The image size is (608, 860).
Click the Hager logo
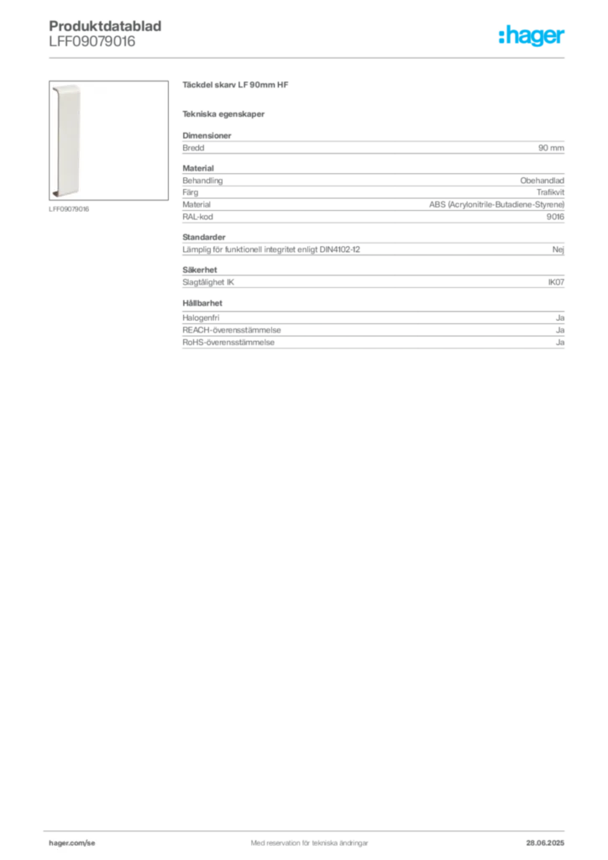(531, 35)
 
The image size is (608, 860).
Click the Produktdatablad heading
(105, 26)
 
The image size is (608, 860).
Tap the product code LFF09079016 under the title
(92, 42)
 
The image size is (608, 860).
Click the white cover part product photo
(66, 140)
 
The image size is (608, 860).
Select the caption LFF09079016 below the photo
(69, 209)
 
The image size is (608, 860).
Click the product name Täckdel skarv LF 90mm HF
(235, 85)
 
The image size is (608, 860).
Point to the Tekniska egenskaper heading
(223, 114)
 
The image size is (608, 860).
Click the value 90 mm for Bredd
(551, 148)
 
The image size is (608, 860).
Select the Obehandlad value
(542, 181)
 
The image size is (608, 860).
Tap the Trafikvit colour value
(550, 192)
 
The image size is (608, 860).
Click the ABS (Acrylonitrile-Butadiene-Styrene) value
(496, 205)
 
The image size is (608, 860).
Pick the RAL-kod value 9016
(555, 217)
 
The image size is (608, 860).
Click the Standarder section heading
(204, 237)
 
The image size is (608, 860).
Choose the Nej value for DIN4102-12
(558, 249)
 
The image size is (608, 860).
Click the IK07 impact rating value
(556, 282)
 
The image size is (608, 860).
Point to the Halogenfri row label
(201, 317)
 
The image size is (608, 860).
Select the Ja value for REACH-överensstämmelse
(560, 330)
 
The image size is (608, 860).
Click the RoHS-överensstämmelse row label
(228, 343)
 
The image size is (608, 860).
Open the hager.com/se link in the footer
(72, 843)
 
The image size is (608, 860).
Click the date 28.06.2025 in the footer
(545, 843)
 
